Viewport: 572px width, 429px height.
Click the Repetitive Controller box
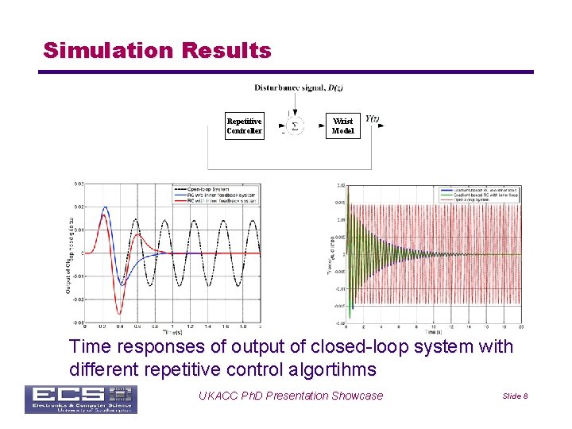click(x=244, y=126)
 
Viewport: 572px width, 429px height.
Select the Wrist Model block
click(x=342, y=126)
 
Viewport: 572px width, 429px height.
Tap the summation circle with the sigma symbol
click(x=294, y=126)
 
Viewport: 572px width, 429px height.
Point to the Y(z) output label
click(x=372, y=118)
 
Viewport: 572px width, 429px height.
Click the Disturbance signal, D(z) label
click(x=299, y=87)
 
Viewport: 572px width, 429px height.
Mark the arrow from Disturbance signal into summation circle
click(x=294, y=103)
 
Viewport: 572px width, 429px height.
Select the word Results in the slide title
click(x=226, y=51)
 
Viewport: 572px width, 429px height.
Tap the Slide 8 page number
click(x=514, y=396)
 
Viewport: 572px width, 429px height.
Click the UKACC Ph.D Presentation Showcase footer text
click(x=291, y=396)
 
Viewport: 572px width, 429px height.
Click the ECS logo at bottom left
click(x=80, y=399)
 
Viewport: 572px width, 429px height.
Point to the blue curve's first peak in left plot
click(x=106, y=208)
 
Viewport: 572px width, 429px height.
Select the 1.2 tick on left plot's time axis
click(x=191, y=327)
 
